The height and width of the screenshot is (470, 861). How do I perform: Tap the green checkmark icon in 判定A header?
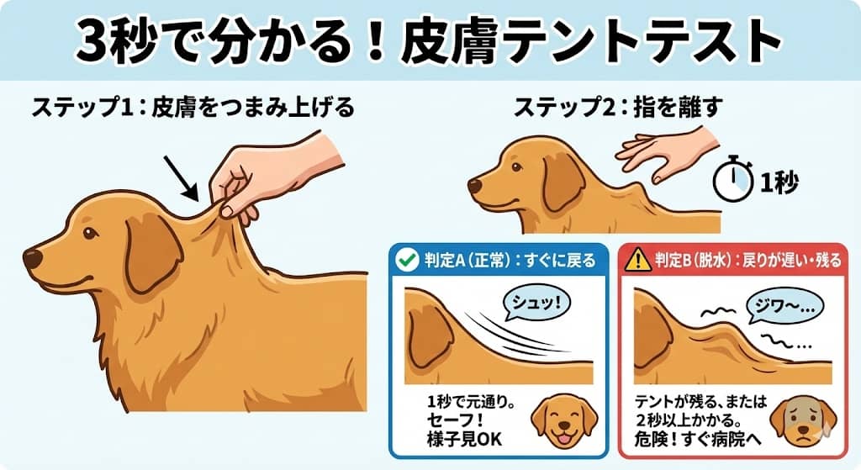(405, 261)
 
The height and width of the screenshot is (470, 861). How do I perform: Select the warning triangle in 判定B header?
(636, 261)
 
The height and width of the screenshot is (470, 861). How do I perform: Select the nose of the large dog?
(33, 258)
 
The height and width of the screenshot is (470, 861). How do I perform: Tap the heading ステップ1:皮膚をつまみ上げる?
(193, 108)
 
